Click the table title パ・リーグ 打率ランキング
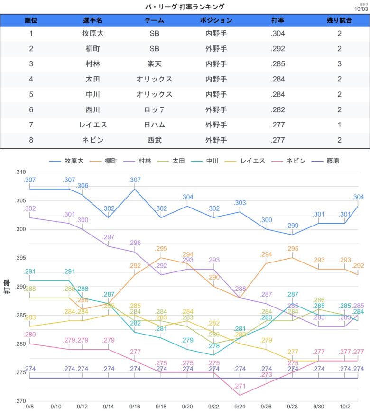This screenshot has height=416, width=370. click(185, 7)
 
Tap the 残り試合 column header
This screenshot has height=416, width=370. click(339, 21)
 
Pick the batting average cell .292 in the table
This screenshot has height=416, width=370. click(278, 49)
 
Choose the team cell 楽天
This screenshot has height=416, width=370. click(155, 64)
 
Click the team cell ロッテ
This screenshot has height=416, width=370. click(155, 109)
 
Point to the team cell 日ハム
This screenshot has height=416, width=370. click(155, 125)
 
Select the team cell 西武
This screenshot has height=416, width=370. click(155, 140)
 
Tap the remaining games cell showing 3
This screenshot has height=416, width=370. click(339, 64)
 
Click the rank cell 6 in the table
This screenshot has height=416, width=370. click(31, 109)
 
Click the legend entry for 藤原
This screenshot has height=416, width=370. click(327, 161)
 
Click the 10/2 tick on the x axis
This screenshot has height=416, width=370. click(344, 407)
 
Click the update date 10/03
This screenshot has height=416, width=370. click(361, 9)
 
